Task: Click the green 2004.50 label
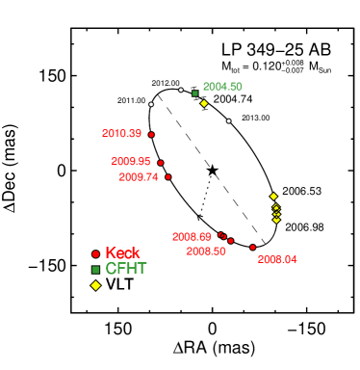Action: pos(222,87)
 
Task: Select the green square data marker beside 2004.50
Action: pos(194,93)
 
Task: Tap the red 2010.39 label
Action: pos(121,134)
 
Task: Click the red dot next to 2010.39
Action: pos(151,134)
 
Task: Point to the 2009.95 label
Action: pos(131,162)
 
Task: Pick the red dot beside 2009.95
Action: pos(161,163)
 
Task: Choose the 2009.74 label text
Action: pos(139,177)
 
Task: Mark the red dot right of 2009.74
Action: pos(168,177)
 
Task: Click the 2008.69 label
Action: pos(192,237)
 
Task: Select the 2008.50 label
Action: pos(206,251)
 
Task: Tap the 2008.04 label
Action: pos(277,260)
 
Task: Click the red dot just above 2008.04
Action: pos(253,248)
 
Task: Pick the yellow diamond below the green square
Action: pos(204,103)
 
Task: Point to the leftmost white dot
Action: pos(151,104)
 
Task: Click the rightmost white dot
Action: pos(228,120)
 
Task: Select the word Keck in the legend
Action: pos(122,253)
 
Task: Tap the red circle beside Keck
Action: pos(95,254)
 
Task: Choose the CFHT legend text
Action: pos(126,269)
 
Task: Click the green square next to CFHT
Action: pos(95,270)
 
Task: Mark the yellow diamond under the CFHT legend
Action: pos(95,285)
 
